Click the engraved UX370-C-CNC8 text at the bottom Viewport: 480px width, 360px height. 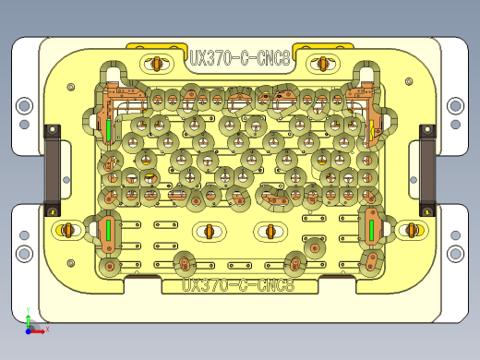pos(238,285)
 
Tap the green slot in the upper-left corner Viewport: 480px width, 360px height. pos(109,130)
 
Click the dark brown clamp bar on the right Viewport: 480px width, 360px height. pos(427,166)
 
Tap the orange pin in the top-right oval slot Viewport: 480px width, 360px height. pos(322,63)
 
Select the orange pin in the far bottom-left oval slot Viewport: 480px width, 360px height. pos(66,229)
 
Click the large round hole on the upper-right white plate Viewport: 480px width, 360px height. pos(454,106)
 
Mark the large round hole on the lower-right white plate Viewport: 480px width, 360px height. pos(454,252)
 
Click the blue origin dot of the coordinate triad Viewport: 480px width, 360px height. pos(29,328)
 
